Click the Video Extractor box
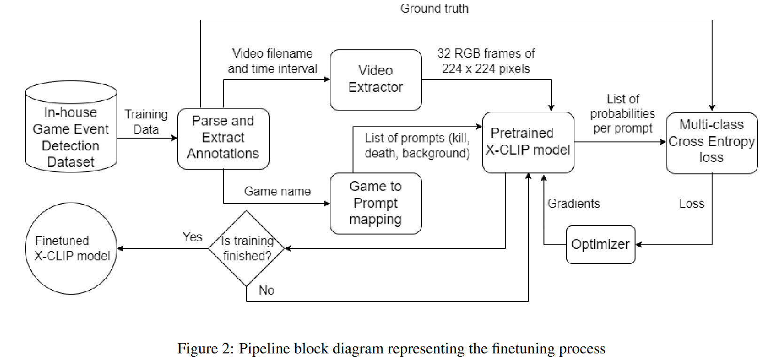coord(376,80)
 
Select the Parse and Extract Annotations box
coord(223,138)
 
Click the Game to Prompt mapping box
coord(376,203)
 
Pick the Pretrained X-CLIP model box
coord(528,142)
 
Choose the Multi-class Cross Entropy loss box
coord(711,142)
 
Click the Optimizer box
coord(600,244)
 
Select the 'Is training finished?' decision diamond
coord(247,248)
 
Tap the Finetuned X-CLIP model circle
coord(71,248)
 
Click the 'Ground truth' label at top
coord(434,8)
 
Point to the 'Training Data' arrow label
coord(146,122)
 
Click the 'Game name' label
coord(277,191)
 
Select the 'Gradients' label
coord(573,203)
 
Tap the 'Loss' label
coord(691,203)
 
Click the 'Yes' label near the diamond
coord(192,237)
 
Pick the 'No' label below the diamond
coord(266,290)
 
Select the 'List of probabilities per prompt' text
coord(622,114)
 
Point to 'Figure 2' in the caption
coord(204,348)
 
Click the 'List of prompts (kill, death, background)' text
coord(417,146)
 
